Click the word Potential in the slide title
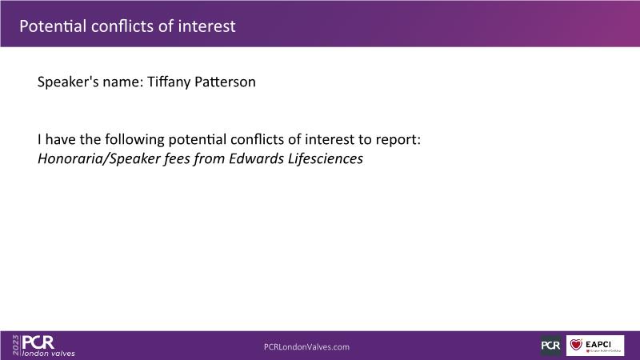coord(53,26)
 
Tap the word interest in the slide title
coord(206,26)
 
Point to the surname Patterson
coord(225,82)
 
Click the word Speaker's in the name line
coord(68,82)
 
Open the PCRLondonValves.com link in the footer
coord(306,347)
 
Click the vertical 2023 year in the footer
coord(16,346)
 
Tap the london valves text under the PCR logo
coord(49,354)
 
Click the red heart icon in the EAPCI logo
coord(576,345)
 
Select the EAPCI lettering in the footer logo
coord(598,344)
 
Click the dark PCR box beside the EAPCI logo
coord(551,346)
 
